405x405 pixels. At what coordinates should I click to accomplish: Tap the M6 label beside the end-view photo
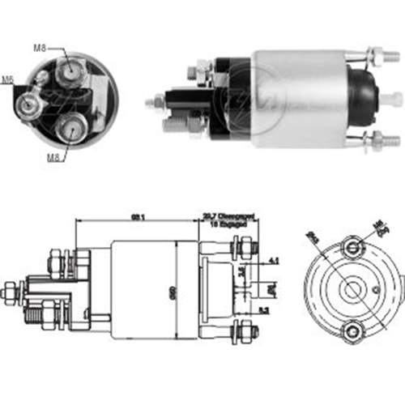click(7, 79)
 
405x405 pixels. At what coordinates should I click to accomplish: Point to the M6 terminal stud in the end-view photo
click(32, 101)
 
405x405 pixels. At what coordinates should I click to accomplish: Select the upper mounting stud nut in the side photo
click(375, 58)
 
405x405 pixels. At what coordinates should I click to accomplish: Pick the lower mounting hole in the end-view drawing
click(352, 331)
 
